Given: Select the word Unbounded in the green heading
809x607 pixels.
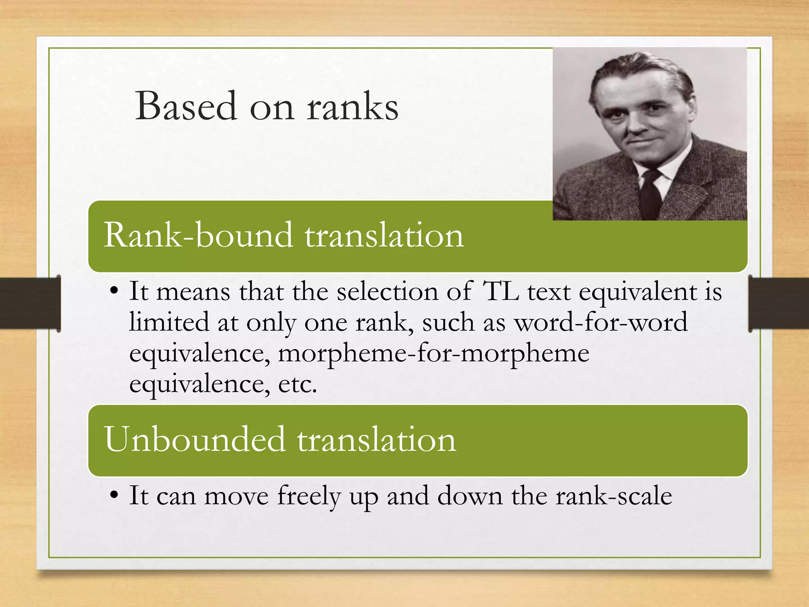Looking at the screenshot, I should point(194,439).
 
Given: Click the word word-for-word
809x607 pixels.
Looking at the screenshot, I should point(600,322).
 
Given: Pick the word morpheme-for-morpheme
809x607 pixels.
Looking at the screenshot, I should point(433,353).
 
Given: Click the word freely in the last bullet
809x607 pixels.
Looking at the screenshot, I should point(309,496).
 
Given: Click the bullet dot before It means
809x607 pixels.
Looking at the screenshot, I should point(114,292).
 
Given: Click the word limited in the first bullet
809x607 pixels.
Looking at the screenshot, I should point(169,322).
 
